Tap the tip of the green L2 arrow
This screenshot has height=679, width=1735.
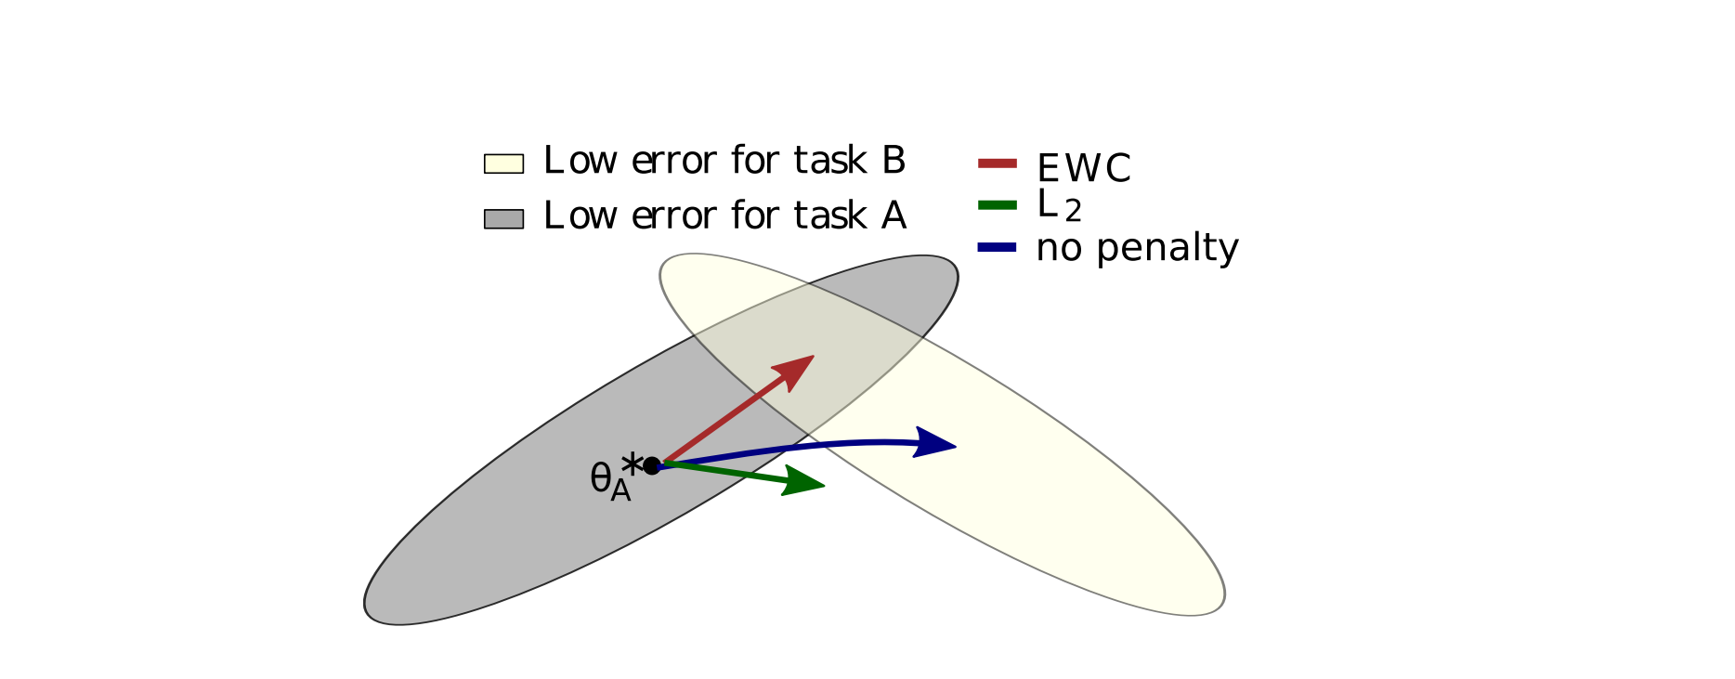pyautogui.click(x=823, y=486)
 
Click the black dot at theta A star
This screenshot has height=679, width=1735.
pyautogui.click(x=652, y=465)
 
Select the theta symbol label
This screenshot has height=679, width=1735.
pyautogui.click(x=600, y=478)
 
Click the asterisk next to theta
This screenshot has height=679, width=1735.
pyautogui.click(x=632, y=463)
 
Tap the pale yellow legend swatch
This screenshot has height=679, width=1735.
pyautogui.click(x=503, y=163)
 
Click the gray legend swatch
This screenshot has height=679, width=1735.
pyautogui.click(x=503, y=218)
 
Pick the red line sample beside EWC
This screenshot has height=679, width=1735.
pyautogui.click(x=998, y=163)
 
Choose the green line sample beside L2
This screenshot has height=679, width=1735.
pyautogui.click(x=998, y=204)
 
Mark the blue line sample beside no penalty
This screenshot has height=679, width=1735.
pyautogui.click(x=998, y=247)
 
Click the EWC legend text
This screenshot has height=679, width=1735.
pyautogui.click(x=1083, y=169)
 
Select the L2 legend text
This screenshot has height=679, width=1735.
pyautogui.click(x=1058, y=206)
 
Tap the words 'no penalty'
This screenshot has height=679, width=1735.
pyautogui.click(x=1137, y=248)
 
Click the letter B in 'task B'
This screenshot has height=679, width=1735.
pyautogui.click(x=894, y=161)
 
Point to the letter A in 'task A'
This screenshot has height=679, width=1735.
pyautogui.click(x=894, y=215)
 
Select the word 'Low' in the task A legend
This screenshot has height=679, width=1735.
pyautogui.click(x=581, y=215)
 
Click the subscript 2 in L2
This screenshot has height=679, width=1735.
pyautogui.click(x=1073, y=213)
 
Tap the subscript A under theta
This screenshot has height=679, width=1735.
pyautogui.click(x=620, y=490)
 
